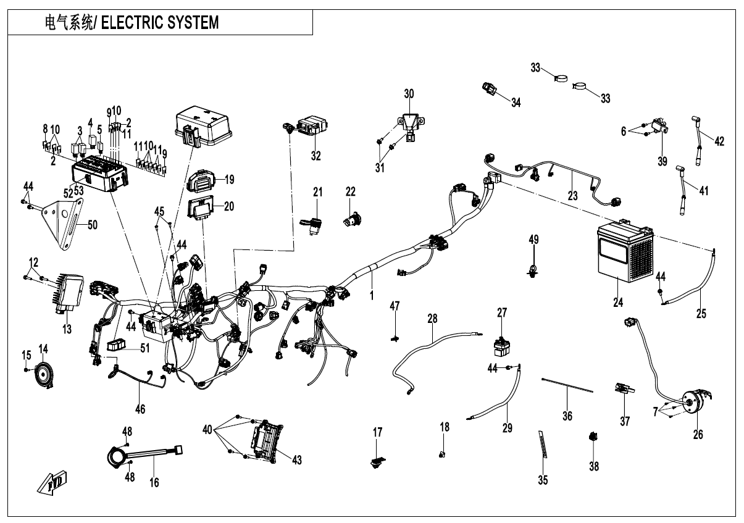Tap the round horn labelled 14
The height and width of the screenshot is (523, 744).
click(43, 374)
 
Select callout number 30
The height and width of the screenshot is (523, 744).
click(409, 94)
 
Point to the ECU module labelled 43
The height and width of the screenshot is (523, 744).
click(266, 440)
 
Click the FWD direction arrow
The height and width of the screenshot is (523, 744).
click(52, 482)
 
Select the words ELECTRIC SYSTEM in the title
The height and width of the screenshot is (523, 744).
click(159, 23)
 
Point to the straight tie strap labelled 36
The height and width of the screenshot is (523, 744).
click(567, 386)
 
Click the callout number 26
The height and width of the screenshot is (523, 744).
click(698, 435)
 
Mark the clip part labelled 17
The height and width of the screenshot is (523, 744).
click(377, 461)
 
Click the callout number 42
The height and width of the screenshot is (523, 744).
click(719, 140)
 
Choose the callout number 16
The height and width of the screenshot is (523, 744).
click(154, 482)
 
